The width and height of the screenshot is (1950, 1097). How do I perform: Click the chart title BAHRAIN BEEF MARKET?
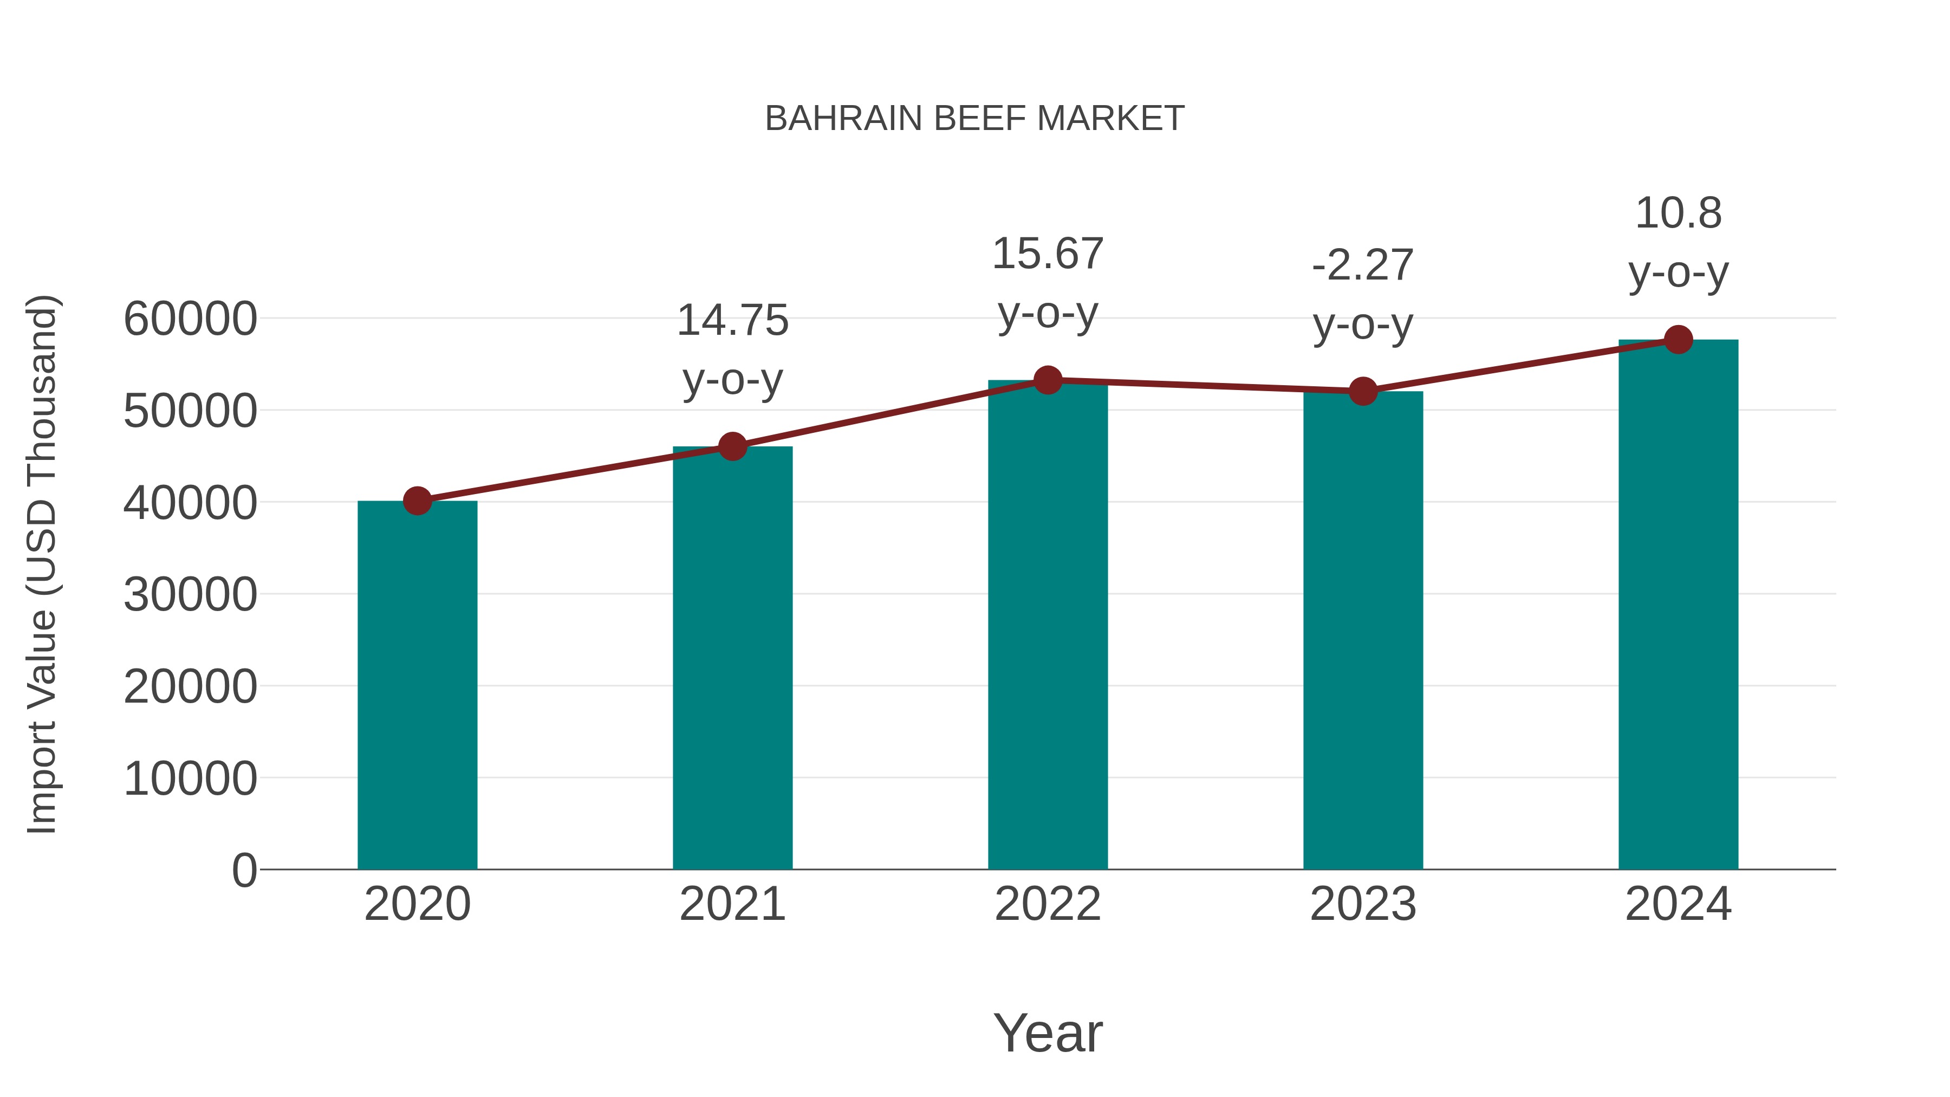(x=974, y=119)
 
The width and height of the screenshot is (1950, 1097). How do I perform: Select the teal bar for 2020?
(x=417, y=685)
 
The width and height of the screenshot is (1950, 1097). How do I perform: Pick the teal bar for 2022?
(x=1048, y=625)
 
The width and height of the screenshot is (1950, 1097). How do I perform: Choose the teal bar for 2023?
(x=1363, y=631)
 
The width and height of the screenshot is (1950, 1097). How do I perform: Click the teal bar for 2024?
(x=1678, y=605)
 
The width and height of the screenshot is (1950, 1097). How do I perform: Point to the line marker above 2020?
(x=417, y=501)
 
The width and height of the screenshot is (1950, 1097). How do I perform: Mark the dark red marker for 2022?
(x=1048, y=380)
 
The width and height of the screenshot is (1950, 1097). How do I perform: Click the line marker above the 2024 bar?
(x=1678, y=340)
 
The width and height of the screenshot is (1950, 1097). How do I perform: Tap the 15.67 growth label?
(x=1048, y=283)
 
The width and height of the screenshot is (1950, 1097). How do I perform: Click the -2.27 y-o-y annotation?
(x=1363, y=295)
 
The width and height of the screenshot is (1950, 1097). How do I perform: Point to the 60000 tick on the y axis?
(x=190, y=319)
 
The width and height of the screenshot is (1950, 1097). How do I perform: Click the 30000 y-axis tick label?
(x=190, y=594)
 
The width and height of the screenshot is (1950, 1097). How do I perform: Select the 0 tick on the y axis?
(x=244, y=870)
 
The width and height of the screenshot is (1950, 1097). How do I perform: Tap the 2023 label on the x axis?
(x=1363, y=904)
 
